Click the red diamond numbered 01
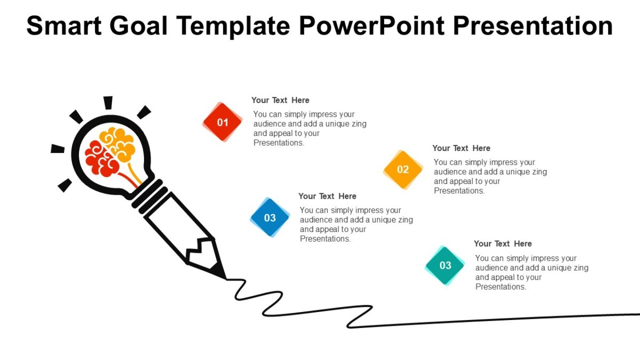222,122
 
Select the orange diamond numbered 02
403,170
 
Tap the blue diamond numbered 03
270,218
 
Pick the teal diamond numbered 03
445,266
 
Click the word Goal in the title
139,26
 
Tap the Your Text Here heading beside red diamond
280,100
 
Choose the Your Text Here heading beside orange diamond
461,148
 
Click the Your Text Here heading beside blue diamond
327,196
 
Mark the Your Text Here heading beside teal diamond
503,244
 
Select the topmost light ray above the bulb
108,102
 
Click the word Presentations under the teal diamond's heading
501,287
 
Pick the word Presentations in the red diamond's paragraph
278,143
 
